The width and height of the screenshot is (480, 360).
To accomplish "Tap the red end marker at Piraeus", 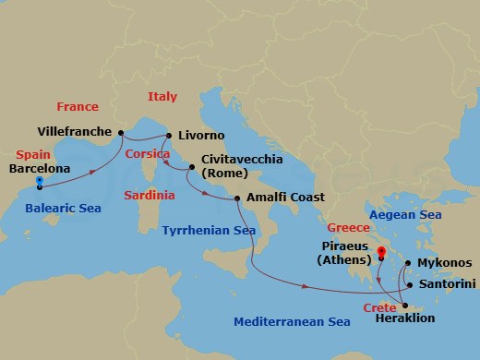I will (x=380, y=250).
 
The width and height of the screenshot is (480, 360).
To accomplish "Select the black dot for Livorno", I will (x=170, y=137).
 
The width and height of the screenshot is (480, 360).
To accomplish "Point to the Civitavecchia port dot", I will (x=191, y=167).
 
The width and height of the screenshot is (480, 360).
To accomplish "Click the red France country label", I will (x=77, y=106).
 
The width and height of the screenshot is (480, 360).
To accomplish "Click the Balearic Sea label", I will (x=62, y=209).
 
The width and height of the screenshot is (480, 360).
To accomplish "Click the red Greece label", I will (x=348, y=227).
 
